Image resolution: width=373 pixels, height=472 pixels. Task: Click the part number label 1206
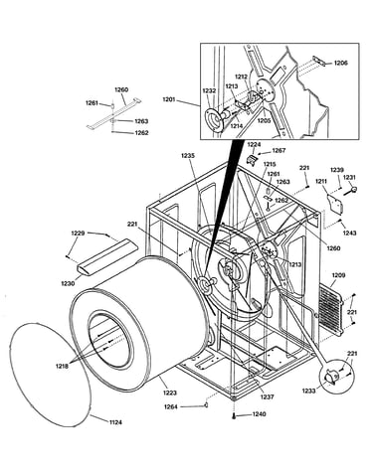340,63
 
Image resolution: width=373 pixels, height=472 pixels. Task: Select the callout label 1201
170,99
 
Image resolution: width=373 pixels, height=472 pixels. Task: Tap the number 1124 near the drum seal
115,422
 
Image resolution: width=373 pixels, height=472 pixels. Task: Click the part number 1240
259,414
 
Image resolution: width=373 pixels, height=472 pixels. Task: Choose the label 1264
171,407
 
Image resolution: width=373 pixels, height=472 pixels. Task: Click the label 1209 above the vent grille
338,275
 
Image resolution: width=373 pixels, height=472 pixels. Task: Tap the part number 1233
308,391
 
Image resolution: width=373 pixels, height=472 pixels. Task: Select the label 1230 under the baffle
68,283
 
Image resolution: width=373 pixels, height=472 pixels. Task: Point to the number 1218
63,367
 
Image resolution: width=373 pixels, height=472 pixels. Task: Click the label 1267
279,150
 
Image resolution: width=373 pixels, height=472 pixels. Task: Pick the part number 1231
349,178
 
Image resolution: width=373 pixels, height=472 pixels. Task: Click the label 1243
349,234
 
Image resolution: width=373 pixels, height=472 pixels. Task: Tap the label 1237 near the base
267,396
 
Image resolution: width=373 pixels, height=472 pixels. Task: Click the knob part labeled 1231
351,190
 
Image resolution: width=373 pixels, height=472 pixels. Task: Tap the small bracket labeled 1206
317,62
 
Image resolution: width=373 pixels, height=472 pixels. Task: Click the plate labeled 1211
334,205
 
